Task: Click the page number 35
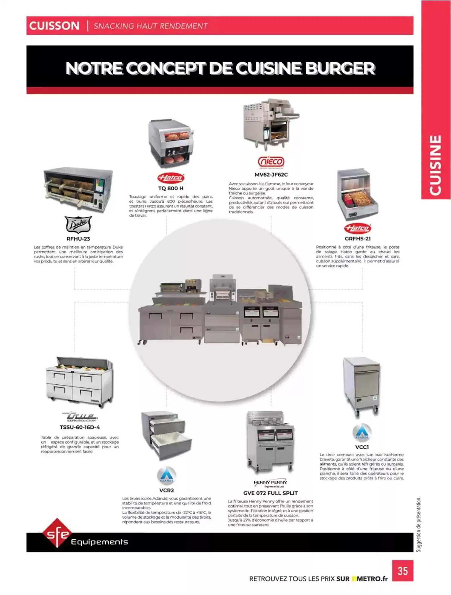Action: pos(403,571)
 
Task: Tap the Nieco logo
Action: pos(271,162)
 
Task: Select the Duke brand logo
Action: pos(78,225)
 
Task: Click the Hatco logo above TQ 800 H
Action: pos(171,178)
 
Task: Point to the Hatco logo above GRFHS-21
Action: pos(357,228)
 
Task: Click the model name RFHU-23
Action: pos(78,239)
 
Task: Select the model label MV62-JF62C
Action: pos(271,175)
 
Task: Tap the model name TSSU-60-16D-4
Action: pos(80,427)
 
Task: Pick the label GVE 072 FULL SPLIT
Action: pos(270,493)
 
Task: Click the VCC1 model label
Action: pos(362,447)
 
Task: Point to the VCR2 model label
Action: pos(166,490)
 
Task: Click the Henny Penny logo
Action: pos(270,483)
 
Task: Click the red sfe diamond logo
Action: pos(57,533)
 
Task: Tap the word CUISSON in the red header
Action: pos(54,26)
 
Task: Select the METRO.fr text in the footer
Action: pos(372,579)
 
